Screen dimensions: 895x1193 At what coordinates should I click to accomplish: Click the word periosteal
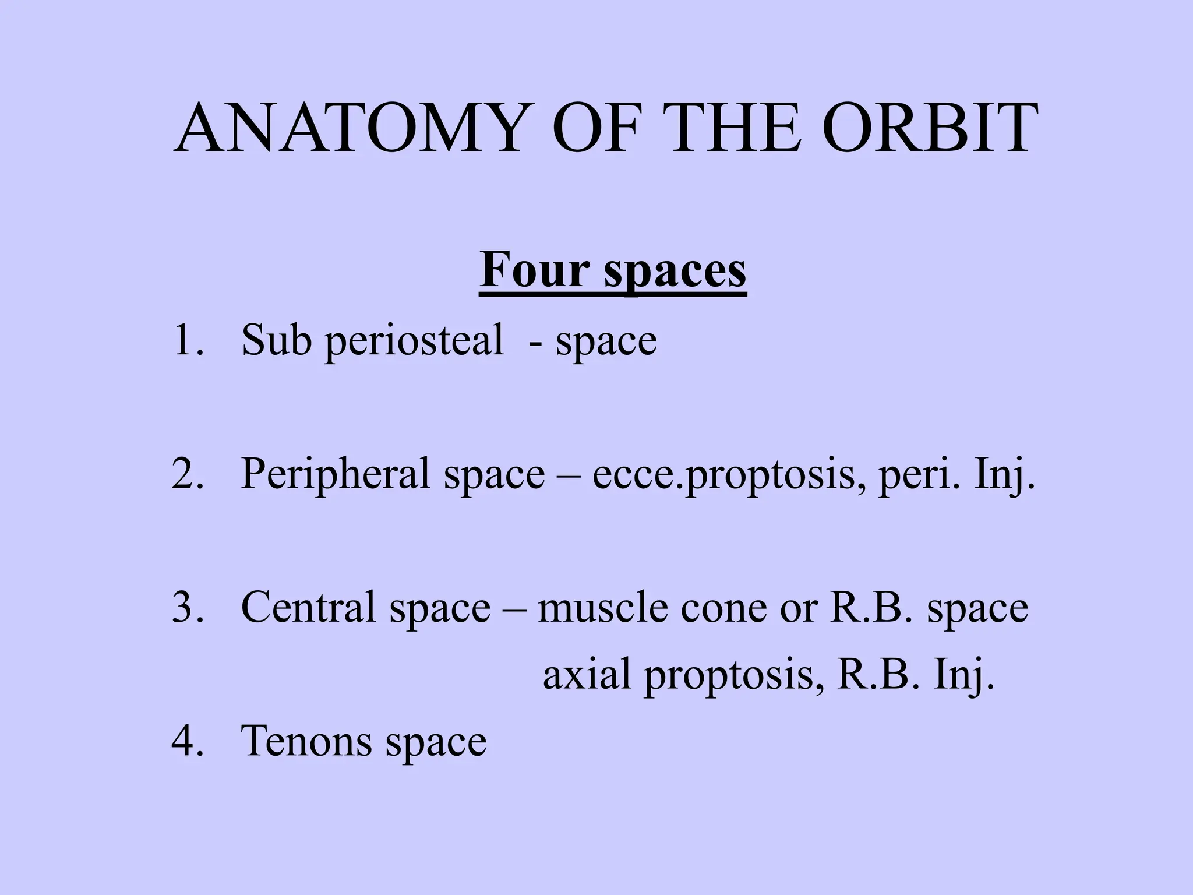coord(414,341)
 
